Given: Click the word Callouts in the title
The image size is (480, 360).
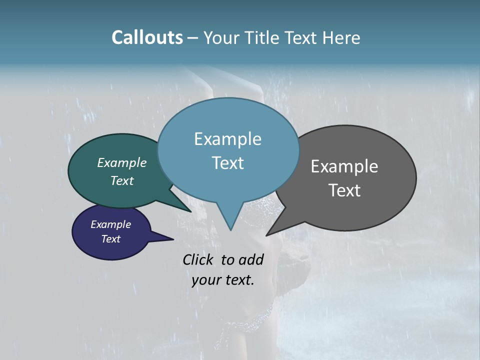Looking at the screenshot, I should [x=147, y=37].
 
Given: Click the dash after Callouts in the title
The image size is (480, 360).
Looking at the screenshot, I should [x=193, y=38].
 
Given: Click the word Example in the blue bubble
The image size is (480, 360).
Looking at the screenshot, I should [x=227, y=139].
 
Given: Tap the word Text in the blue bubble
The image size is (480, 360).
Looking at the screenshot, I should [x=227, y=163].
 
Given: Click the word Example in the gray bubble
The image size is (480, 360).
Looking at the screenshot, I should [x=344, y=166].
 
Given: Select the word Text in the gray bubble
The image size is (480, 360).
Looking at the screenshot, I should [x=344, y=190].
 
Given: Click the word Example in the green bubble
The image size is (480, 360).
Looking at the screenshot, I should [x=122, y=162].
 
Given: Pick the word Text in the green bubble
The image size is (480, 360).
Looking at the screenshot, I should [x=122, y=180].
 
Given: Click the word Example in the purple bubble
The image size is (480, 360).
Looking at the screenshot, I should [x=111, y=224].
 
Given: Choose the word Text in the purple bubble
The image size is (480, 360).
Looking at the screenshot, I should [x=111, y=239].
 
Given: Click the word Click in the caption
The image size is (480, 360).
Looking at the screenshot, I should [x=198, y=259].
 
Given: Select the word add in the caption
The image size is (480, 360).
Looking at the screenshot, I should [x=251, y=259].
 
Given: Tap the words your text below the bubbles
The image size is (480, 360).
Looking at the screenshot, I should [x=223, y=280].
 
